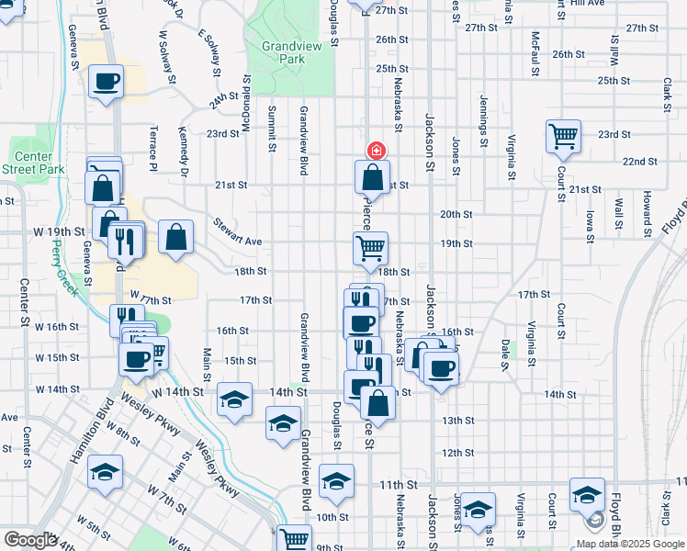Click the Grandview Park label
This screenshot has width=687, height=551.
click(x=282, y=51)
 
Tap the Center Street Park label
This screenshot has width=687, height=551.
click(x=32, y=163)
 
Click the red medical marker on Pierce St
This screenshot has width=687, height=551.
click(x=375, y=151)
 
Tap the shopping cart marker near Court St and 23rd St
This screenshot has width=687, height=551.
click(x=563, y=137)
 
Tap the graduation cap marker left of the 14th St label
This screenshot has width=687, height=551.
click(x=234, y=399)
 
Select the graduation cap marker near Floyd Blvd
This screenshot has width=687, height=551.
click(x=587, y=495)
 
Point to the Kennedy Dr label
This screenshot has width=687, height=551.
click(x=184, y=152)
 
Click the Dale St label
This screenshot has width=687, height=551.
click(x=505, y=354)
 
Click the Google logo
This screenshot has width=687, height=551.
click(x=30, y=540)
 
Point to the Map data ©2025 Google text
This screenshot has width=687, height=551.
click(x=630, y=543)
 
